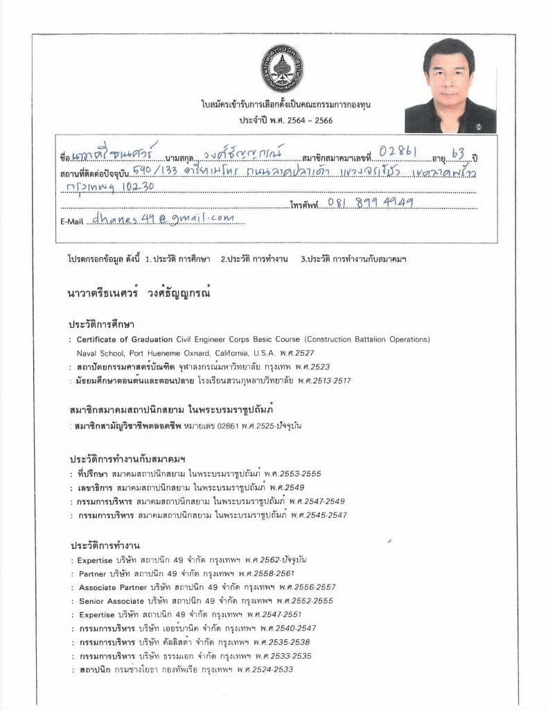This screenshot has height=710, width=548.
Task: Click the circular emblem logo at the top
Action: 281,69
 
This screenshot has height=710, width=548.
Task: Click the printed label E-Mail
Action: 72,221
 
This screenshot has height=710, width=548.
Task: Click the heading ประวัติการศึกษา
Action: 101,324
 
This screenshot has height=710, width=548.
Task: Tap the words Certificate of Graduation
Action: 123,340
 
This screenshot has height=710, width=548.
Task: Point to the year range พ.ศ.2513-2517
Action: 324,381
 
